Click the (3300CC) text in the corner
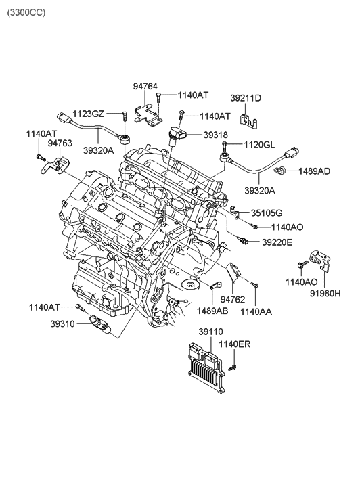(x=26, y=13)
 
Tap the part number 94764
(x=145, y=86)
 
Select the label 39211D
(x=246, y=98)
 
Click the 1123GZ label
(x=88, y=114)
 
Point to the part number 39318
(x=216, y=135)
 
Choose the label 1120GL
(x=259, y=145)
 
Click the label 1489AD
(x=314, y=171)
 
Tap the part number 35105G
(x=267, y=213)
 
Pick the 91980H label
(x=325, y=294)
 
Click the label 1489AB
(x=212, y=311)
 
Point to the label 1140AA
(x=256, y=311)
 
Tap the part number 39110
(x=210, y=332)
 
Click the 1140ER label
(x=234, y=344)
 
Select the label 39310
(x=63, y=323)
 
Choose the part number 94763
(x=60, y=143)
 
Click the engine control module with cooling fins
(x=206, y=368)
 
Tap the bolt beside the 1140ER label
(x=233, y=367)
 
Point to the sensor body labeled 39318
(x=177, y=136)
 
